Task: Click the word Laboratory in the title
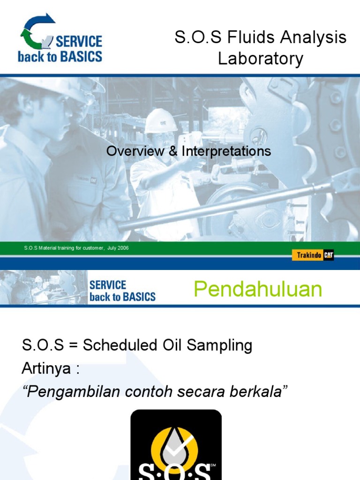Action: point(261,59)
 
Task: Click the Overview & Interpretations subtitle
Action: point(188,151)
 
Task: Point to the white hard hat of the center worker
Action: point(160,121)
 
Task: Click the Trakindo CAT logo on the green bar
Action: point(313,255)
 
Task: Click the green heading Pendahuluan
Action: point(258,290)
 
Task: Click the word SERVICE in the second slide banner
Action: point(108,285)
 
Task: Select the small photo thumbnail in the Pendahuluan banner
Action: point(43,287)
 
